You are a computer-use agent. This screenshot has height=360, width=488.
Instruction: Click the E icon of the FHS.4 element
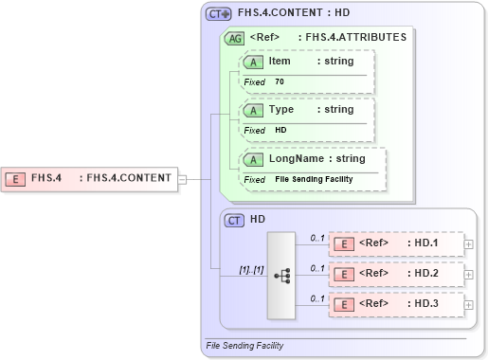(15, 177)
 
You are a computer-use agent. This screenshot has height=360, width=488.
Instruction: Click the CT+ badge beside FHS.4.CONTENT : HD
(219, 14)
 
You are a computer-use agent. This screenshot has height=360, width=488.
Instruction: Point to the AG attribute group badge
(233, 39)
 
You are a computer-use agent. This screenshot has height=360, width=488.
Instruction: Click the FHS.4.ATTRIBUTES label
(352, 38)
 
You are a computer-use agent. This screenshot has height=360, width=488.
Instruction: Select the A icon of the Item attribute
(254, 62)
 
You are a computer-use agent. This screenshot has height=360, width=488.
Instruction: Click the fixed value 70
(280, 82)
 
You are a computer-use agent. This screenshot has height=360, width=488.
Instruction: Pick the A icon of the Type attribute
(254, 110)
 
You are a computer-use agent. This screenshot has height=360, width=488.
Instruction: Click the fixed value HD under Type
(280, 130)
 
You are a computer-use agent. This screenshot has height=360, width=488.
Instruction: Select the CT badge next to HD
(234, 220)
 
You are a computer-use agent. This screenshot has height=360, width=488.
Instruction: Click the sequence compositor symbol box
(282, 275)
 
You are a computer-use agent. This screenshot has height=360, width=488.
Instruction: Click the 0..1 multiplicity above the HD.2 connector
(317, 267)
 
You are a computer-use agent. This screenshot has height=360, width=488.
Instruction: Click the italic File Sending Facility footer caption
(244, 346)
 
